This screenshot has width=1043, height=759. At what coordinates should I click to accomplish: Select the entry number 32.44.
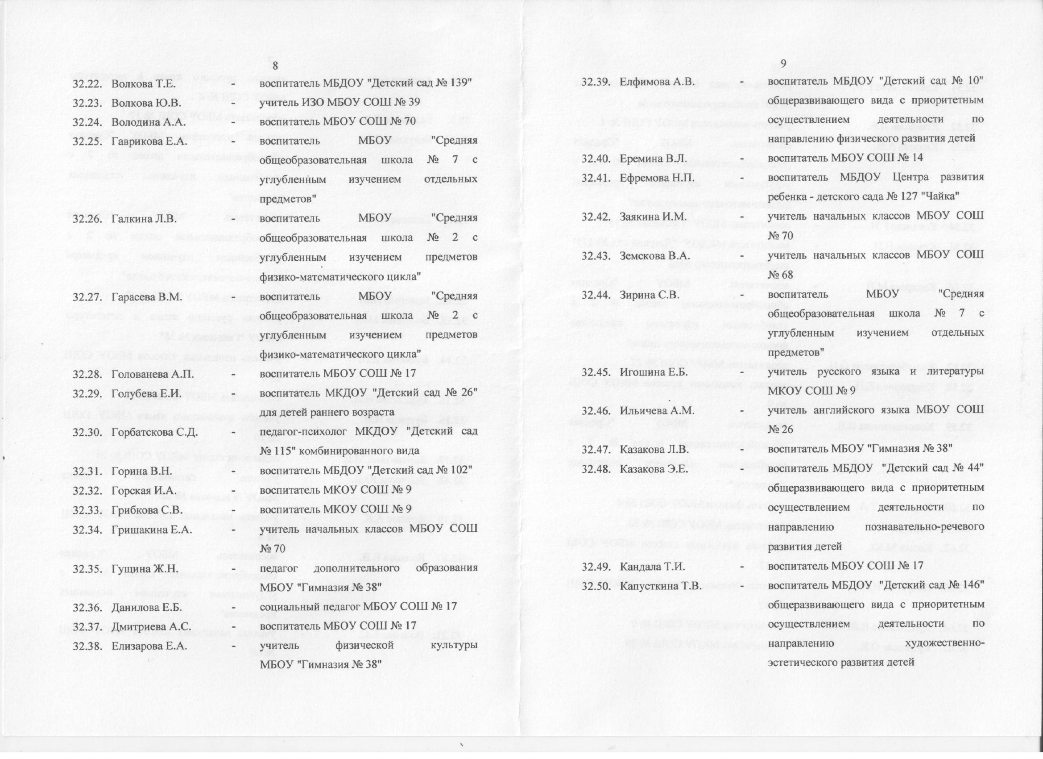596,295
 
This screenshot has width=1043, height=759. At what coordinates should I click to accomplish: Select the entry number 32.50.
596,586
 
